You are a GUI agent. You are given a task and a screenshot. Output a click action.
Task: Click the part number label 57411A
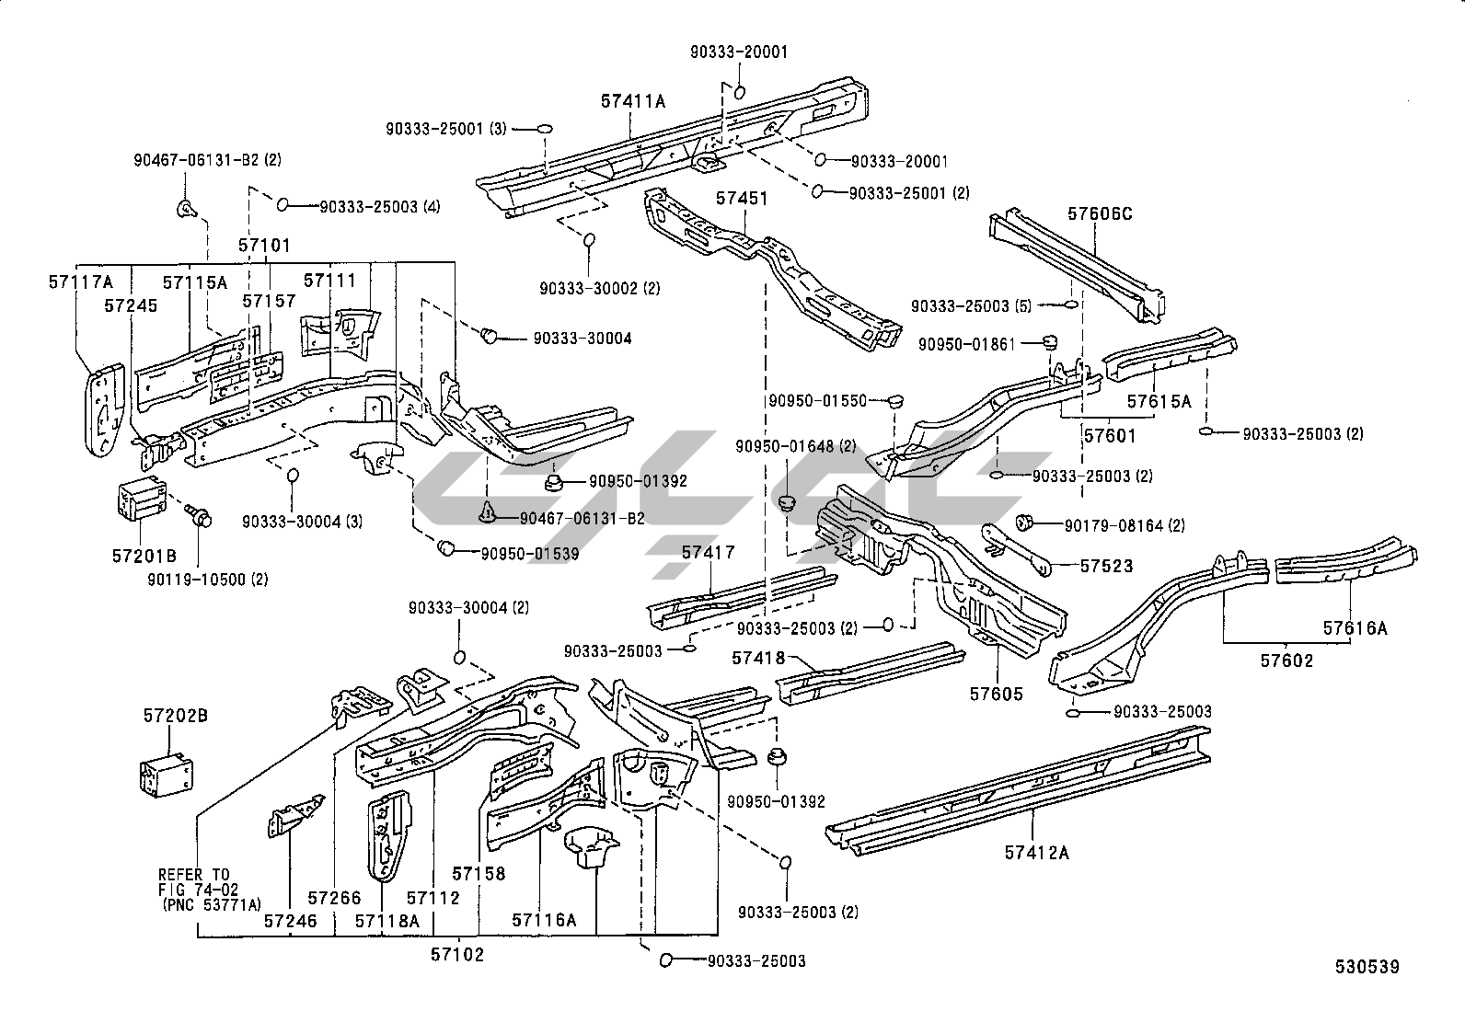click(x=632, y=101)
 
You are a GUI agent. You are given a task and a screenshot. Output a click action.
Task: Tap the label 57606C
click(x=1100, y=214)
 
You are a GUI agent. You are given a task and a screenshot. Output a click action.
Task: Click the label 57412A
click(x=1037, y=853)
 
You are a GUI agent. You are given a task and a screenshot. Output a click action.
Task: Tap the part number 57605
click(x=996, y=694)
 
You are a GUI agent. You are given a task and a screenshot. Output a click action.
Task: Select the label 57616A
click(x=1355, y=628)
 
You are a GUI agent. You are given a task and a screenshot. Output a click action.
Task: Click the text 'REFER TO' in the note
click(x=193, y=874)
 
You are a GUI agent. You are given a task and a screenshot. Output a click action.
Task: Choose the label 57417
click(x=708, y=553)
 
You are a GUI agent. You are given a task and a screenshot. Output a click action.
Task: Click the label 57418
click(x=758, y=658)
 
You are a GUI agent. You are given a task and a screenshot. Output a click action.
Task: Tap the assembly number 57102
click(x=456, y=954)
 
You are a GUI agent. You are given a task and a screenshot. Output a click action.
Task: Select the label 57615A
click(x=1159, y=402)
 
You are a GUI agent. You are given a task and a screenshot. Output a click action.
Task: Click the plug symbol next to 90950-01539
click(x=446, y=548)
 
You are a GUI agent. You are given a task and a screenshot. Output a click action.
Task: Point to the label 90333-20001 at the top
click(x=739, y=52)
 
